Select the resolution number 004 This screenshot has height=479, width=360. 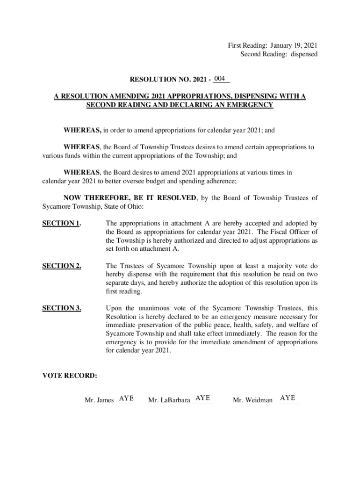pyautogui.click(x=221, y=78)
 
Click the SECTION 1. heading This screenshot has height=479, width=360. pyautogui.click(x=61, y=223)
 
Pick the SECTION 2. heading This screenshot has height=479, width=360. pyautogui.click(x=62, y=266)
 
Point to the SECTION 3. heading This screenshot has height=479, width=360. pyautogui.click(x=62, y=308)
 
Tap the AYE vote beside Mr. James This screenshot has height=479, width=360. pyautogui.click(x=127, y=399)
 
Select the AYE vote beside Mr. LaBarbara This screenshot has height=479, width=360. pyautogui.click(x=202, y=398)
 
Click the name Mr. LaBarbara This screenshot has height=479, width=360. pyautogui.click(x=169, y=400)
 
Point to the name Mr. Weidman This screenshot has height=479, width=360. pyautogui.click(x=252, y=400)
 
